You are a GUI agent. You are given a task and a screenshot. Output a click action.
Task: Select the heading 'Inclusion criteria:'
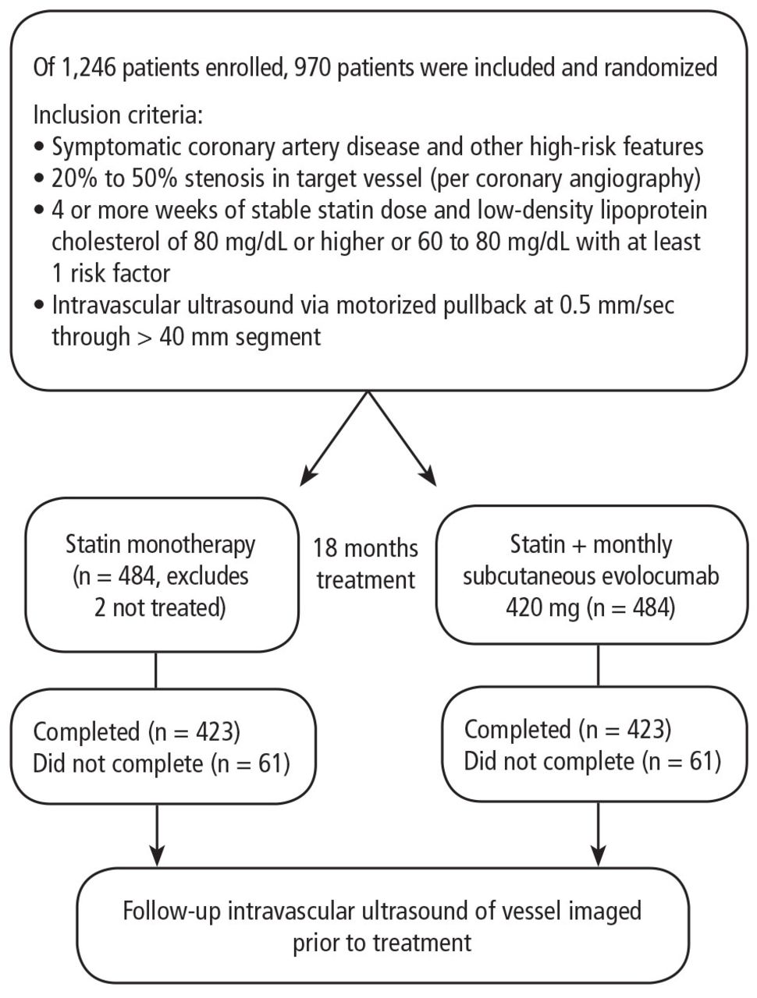(118, 115)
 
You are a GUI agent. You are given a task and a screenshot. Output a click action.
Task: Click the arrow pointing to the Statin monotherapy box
(334, 438)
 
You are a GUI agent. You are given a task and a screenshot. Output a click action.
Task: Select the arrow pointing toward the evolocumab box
(402, 438)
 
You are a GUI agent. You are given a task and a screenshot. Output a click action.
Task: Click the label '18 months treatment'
(366, 564)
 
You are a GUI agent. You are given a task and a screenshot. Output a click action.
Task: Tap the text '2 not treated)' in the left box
(160, 607)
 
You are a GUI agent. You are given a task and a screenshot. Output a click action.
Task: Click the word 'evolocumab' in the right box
(654, 576)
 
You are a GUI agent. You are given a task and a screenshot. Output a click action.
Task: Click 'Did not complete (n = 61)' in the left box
(162, 763)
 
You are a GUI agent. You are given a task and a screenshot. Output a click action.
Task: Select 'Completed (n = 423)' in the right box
(568, 729)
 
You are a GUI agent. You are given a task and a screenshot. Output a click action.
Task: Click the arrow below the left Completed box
(157, 835)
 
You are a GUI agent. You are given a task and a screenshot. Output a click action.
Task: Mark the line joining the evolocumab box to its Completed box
(598, 666)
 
